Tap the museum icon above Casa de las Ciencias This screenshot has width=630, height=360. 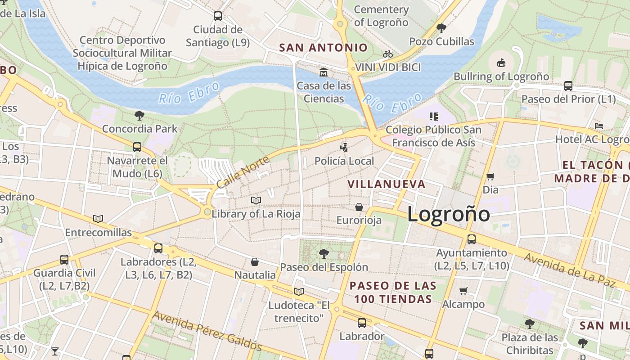(x=323, y=72)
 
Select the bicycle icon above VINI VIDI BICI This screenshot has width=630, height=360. (x=388, y=54)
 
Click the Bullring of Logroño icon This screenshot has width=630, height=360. (x=501, y=63)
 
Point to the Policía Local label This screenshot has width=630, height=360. (x=344, y=161)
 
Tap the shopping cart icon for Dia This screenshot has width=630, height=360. (x=490, y=176)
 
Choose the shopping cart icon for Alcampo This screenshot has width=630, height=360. (x=463, y=291)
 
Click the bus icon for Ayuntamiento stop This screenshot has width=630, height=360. (x=471, y=239)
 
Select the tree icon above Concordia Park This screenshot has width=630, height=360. (x=139, y=116)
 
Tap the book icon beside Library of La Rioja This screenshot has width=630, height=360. (x=256, y=200)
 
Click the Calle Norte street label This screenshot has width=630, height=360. (x=243, y=172)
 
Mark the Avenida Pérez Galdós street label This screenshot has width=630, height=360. (x=207, y=330)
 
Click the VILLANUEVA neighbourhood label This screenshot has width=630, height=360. (x=387, y=184)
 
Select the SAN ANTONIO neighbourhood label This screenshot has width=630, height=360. (x=323, y=47)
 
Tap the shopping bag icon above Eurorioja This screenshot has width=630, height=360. (x=359, y=207)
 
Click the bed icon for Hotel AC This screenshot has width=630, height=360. (x=598, y=126)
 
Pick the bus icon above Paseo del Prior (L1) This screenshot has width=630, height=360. (x=568, y=85)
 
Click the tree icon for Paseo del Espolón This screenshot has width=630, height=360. (x=324, y=254)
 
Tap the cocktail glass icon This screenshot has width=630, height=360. (x=55, y=351)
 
